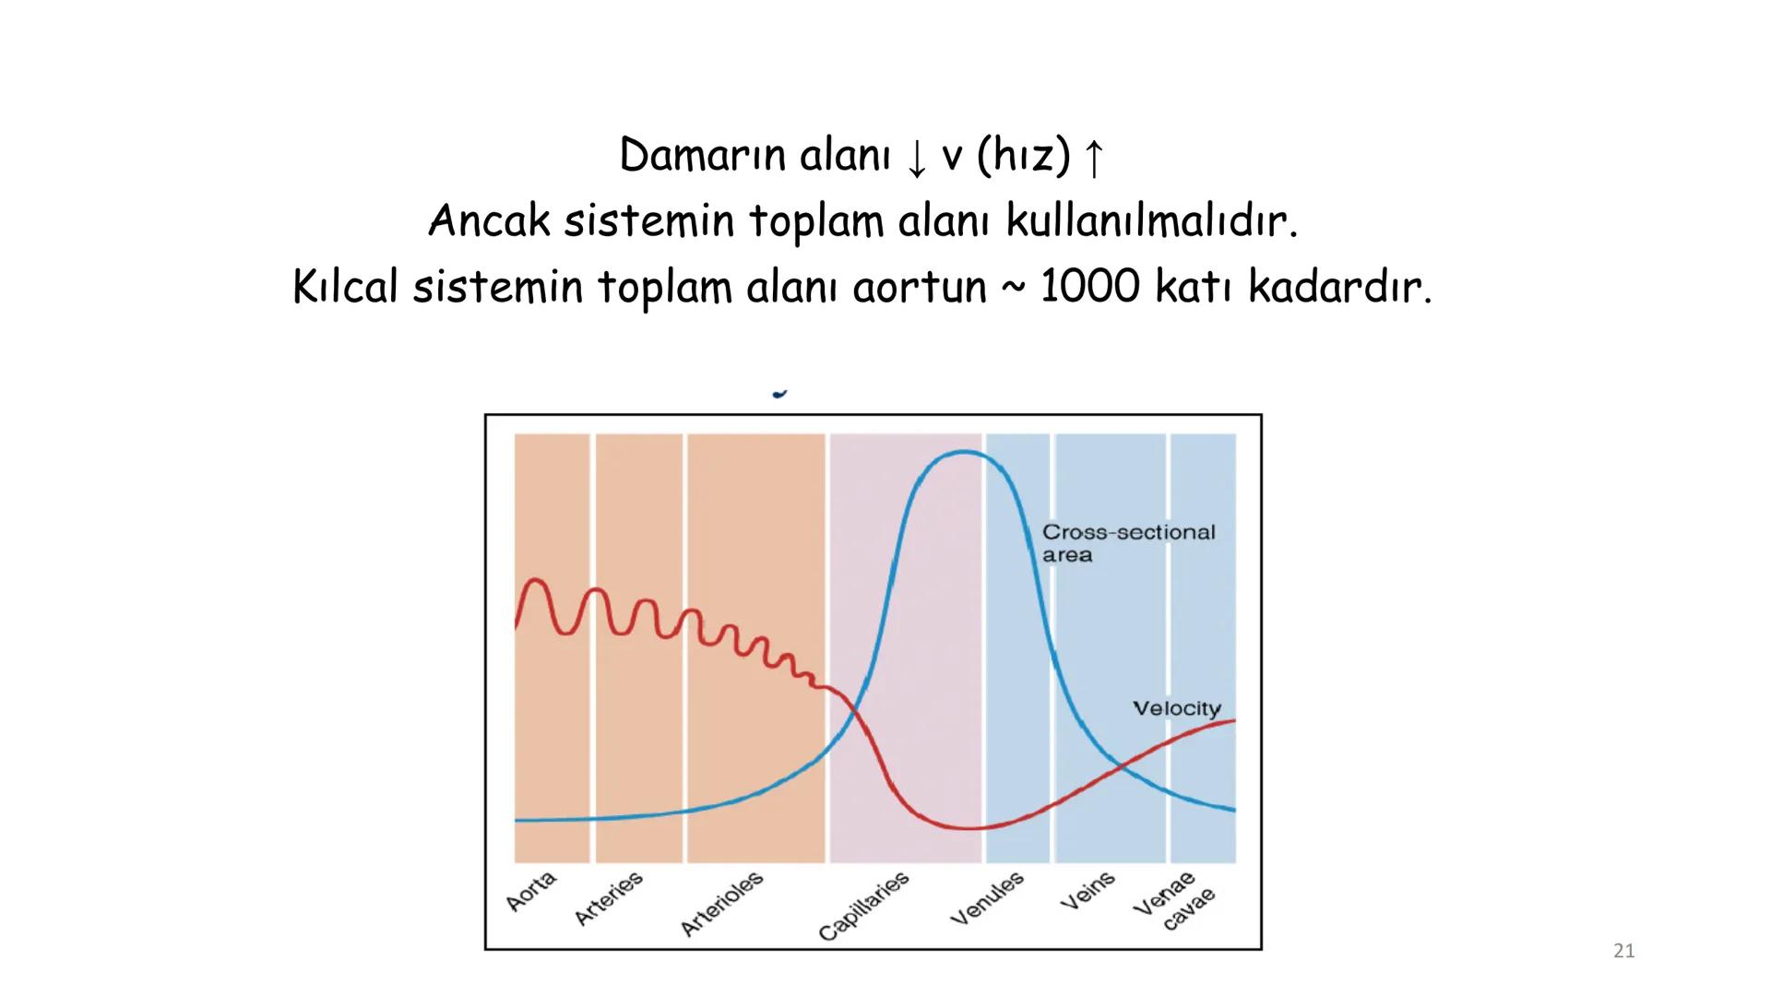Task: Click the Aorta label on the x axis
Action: click(531, 891)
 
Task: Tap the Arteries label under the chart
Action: click(609, 898)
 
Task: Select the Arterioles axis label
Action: click(722, 904)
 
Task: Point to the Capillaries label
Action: click(864, 907)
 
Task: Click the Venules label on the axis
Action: click(988, 898)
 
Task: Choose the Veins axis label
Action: click(1088, 891)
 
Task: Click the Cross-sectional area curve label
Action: click(1128, 543)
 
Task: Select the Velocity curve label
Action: click(1176, 708)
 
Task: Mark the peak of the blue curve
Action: click(964, 452)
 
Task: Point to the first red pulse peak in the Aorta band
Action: click(535, 581)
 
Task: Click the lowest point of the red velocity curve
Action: click(969, 828)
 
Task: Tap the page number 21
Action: click(1623, 951)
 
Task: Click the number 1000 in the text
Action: click(1089, 287)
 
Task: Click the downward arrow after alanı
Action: click(915, 159)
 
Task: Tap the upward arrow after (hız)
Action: click(1093, 159)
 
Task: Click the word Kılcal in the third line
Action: click(346, 287)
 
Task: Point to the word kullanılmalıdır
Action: click(1151, 221)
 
